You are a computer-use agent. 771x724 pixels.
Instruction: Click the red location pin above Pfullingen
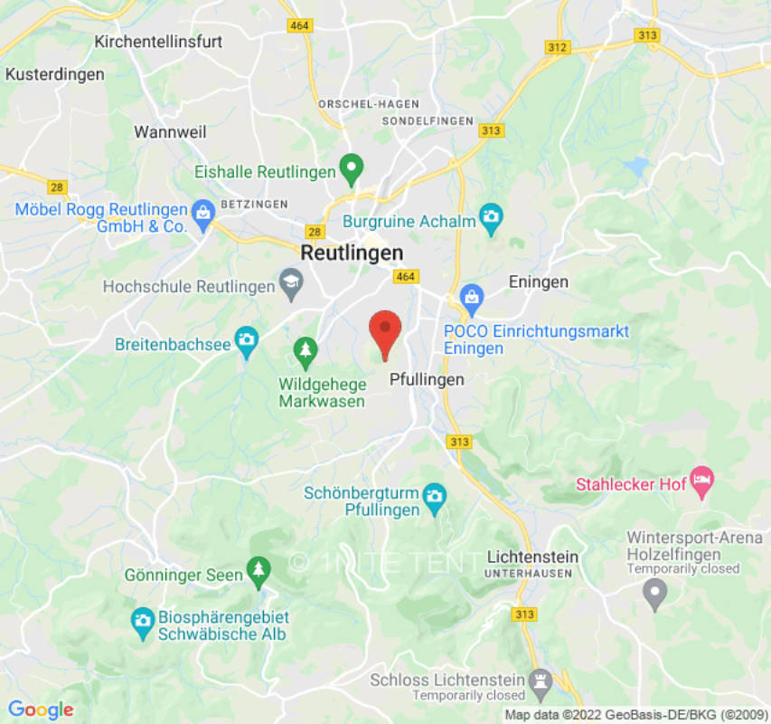coord(386,332)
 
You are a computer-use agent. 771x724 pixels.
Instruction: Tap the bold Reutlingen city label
coord(352,253)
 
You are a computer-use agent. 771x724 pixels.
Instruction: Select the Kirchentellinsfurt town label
coord(158,42)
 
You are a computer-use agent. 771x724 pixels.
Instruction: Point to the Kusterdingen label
coord(55,74)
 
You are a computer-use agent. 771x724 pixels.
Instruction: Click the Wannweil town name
coord(170,132)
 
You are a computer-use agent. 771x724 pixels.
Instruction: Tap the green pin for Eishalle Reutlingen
coord(351,167)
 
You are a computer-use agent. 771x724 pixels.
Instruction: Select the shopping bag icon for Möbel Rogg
coord(202,210)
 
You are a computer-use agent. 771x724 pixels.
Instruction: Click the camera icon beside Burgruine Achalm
coord(491,215)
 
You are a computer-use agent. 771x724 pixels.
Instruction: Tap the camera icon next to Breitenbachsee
coord(246,341)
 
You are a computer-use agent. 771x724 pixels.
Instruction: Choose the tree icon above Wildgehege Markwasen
coord(306,349)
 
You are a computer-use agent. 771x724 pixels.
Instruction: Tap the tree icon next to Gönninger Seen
coord(259,569)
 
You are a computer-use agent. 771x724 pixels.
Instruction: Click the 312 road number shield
coord(559,46)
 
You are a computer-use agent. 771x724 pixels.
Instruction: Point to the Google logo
coord(40,710)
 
